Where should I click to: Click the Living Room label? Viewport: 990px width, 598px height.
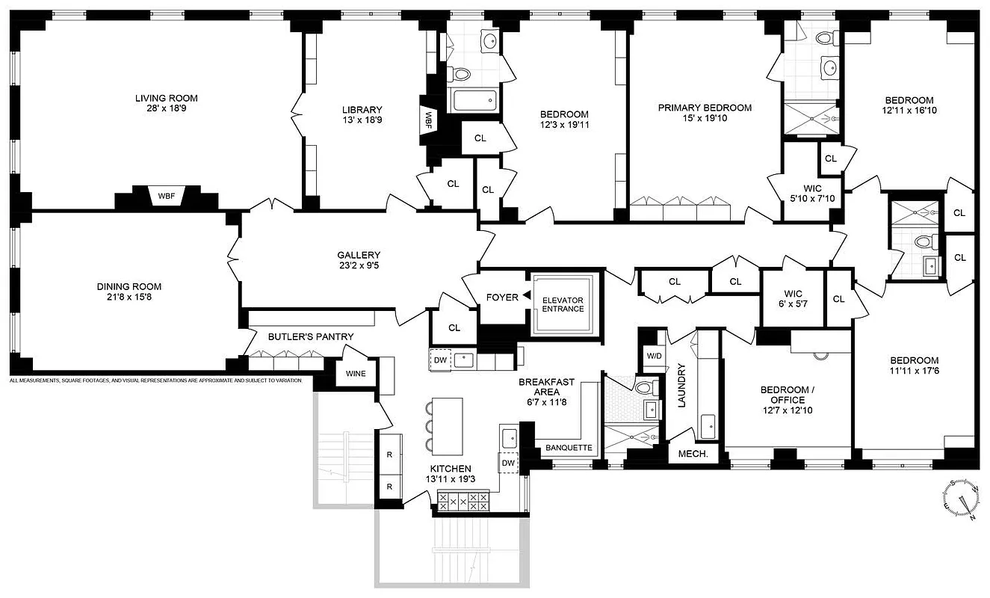point(166,98)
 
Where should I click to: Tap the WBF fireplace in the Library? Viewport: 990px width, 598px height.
point(429,118)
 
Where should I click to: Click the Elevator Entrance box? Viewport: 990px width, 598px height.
point(563,303)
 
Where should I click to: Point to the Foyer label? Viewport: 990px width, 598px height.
point(502,298)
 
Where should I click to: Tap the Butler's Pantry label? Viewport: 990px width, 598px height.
point(300,337)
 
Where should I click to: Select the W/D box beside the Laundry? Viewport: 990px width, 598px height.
point(654,356)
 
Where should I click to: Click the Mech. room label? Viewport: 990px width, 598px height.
point(692,454)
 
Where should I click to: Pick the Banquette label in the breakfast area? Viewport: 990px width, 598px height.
point(569,448)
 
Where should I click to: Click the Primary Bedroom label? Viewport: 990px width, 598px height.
point(705,108)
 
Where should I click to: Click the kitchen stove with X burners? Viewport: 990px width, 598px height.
point(462,501)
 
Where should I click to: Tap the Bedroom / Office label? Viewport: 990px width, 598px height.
point(787,395)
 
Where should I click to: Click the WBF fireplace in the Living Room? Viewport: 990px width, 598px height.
point(166,197)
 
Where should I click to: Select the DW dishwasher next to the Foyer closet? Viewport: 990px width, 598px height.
point(440,360)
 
